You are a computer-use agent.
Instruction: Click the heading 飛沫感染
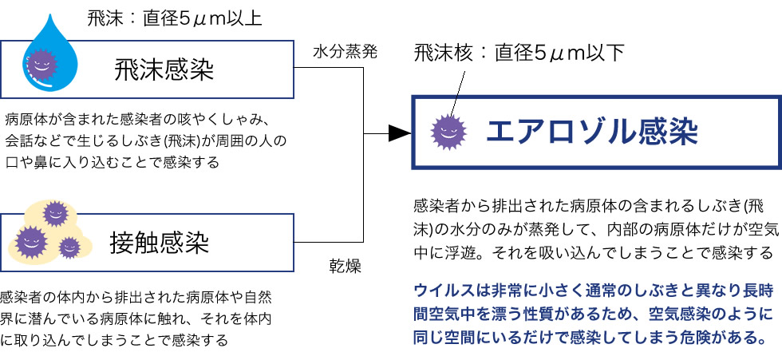(165, 69)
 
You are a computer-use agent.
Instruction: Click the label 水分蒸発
(345, 52)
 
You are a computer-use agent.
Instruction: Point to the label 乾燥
(345, 266)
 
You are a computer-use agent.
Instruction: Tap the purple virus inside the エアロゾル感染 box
(448, 133)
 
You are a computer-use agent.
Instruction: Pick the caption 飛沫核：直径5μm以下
(519, 53)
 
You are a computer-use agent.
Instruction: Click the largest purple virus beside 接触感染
(32, 240)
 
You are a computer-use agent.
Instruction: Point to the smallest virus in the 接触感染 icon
(69, 247)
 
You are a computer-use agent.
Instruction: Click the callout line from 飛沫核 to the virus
(456, 92)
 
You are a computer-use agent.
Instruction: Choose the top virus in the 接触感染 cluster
(55, 213)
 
